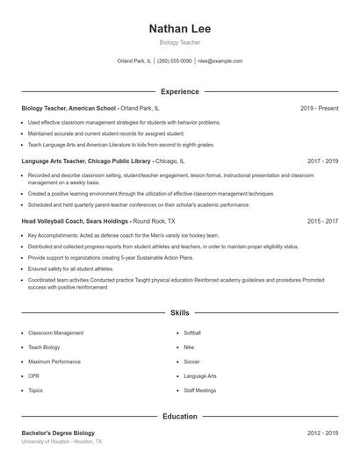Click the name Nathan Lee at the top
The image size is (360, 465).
click(x=180, y=28)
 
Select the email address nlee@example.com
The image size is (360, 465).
click(x=220, y=61)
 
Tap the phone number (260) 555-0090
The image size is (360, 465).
click(x=174, y=61)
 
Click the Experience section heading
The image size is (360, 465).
click(x=180, y=91)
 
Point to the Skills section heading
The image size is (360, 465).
click(x=180, y=312)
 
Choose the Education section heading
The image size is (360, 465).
click(x=180, y=417)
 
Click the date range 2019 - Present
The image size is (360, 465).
click(x=320, y=108)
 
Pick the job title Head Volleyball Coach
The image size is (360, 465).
click(x=56, y=222)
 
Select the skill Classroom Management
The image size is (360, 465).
click(x=56, y=333)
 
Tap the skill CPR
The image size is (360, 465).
click(x=34, y=376)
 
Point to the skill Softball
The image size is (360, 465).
click(x=193, y=333)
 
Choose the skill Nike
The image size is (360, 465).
click(x=189, y=347)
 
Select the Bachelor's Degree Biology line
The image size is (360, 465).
click(x=57, y=433)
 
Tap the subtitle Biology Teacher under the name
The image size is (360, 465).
click(x=180, y=42)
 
